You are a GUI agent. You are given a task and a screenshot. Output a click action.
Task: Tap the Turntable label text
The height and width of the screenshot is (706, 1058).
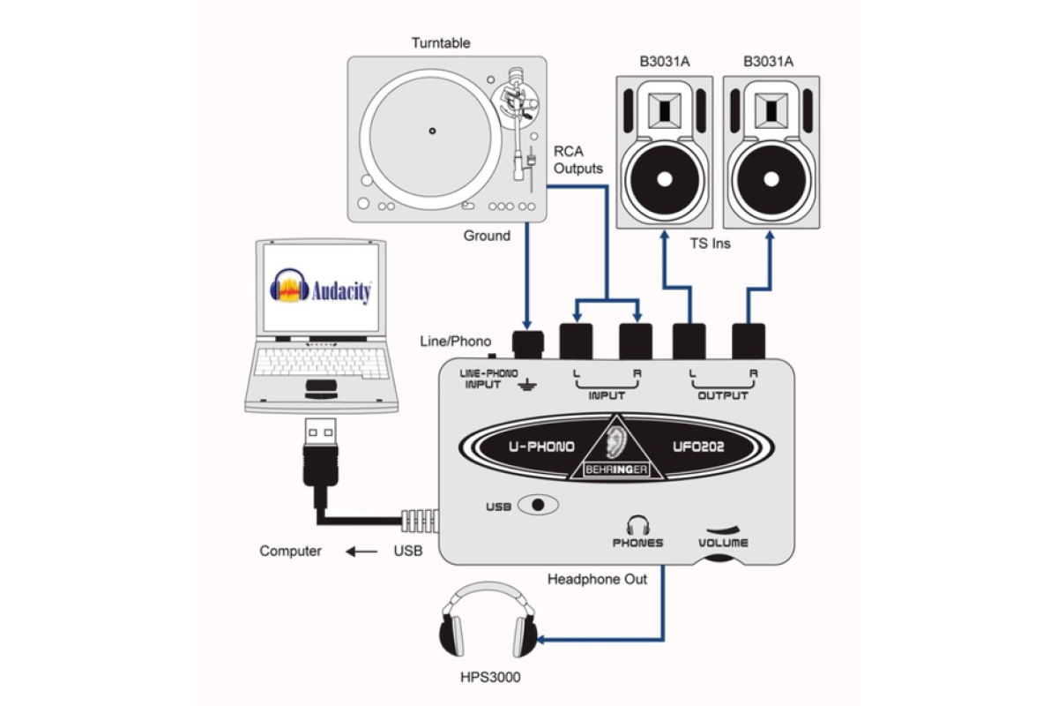(441, 43)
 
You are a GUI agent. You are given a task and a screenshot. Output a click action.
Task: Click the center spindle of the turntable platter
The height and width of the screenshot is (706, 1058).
(432, 132)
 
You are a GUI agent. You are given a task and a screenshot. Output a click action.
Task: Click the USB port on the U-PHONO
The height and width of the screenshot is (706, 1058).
(539, 505)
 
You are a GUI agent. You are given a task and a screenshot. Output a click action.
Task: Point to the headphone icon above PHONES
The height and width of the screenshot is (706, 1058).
(637, 524)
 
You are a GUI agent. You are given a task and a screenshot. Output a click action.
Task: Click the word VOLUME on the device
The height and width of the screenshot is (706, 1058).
(723, 543)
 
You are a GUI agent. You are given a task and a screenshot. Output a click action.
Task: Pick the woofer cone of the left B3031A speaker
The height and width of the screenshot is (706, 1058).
(664, 179)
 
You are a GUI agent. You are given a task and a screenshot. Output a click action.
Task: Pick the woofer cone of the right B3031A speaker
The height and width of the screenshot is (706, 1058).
(768, 179)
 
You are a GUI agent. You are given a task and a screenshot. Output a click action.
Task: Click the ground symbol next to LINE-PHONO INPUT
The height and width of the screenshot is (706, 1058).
(527, 383)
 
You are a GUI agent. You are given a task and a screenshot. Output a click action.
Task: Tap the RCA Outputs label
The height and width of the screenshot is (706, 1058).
(578, 159)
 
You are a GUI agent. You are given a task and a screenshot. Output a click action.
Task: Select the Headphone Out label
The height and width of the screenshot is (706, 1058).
(597, 580)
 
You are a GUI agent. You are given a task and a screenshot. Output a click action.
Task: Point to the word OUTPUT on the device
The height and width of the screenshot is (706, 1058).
(723, 395)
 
